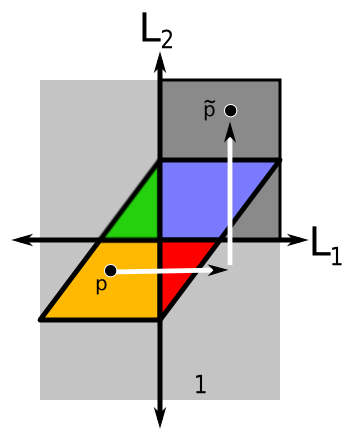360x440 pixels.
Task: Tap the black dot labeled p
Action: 110,270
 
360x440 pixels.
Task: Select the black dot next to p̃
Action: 231,110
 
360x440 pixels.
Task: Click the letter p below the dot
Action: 101,286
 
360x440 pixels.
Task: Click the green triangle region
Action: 136,210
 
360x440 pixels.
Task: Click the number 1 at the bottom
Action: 200,383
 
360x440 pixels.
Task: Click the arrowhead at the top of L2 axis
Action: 160,62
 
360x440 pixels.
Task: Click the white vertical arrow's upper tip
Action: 231,128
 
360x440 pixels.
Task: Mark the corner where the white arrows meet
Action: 231,267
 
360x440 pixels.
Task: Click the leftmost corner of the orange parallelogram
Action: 40,320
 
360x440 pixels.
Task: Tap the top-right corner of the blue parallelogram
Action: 279,160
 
